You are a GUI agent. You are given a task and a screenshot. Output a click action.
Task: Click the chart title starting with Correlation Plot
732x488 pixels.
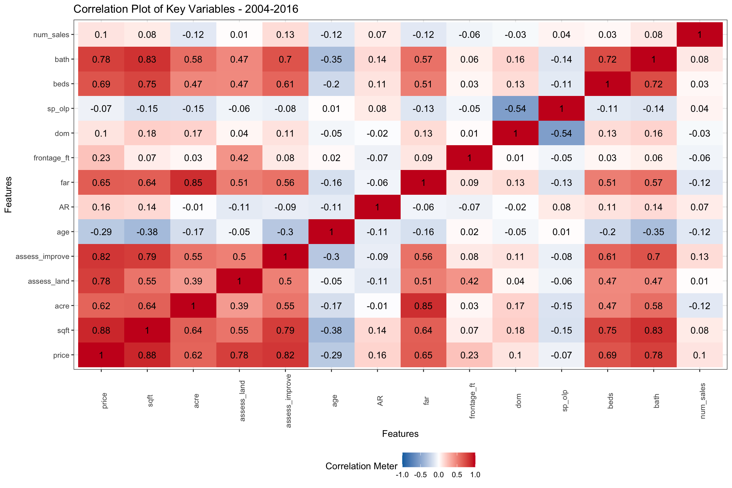(186, 9)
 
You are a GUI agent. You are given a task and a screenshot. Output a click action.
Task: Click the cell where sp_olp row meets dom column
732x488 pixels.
(515, 109)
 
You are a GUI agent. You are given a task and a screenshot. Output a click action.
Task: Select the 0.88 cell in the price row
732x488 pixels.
(147, 355)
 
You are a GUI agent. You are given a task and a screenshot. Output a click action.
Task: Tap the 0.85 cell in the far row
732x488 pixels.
(193, 182)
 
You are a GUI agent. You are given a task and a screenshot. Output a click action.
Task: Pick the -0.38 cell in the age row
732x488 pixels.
(147, 232)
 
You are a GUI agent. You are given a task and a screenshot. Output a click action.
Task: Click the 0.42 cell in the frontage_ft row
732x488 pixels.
(239, 158)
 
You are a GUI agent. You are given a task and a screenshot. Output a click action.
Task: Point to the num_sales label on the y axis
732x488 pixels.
(51, 35)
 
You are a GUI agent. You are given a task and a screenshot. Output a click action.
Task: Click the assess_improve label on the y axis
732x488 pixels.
(42, 256)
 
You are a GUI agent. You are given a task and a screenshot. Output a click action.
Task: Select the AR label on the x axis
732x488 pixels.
(380, 401)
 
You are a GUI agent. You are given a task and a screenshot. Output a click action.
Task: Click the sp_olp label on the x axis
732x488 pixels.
(565, 401)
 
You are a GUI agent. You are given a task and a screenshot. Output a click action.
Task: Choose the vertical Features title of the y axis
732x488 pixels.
(8, 194)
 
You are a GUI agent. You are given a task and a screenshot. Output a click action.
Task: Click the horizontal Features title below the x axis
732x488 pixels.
(400, 434)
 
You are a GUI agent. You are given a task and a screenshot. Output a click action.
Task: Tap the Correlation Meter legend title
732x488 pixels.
(361, 466)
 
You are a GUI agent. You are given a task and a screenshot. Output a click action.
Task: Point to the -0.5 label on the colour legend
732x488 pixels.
(420, 475)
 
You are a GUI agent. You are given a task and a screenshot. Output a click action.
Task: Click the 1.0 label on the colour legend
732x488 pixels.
(475, 475)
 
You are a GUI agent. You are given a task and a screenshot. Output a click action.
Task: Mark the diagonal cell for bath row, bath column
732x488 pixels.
(654, 59)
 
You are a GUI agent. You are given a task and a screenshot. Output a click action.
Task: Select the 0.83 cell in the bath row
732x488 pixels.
(147, 59)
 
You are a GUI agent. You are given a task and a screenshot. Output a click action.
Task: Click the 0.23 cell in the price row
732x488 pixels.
(469, 355)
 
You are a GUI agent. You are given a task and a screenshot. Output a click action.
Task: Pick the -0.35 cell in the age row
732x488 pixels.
(654, 232)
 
